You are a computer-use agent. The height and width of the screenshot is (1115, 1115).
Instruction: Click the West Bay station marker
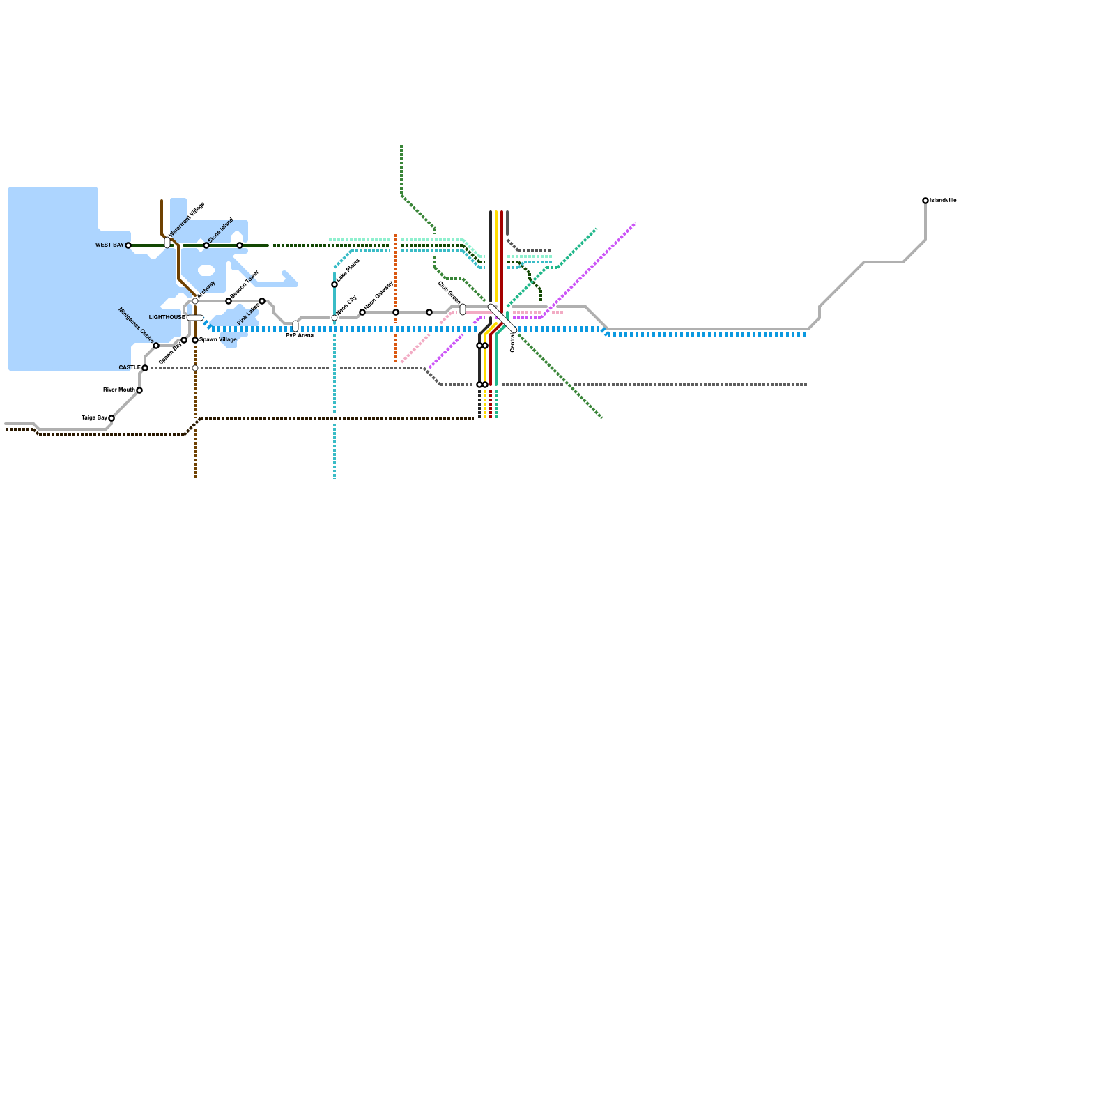click(128, 245)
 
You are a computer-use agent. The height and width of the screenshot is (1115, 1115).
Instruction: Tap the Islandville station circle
click(925, 201)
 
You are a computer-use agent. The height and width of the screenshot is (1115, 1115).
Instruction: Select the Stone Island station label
click(220, 230)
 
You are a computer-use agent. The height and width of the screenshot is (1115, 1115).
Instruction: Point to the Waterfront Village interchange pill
click(167, 243)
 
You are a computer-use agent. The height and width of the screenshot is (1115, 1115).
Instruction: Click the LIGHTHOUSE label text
click(167, 318)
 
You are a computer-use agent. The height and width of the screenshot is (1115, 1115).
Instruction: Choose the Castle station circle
click(145, 368)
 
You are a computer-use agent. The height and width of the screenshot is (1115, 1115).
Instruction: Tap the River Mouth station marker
click(139, 390)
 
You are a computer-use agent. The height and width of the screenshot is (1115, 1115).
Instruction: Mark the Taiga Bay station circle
click(111, 418)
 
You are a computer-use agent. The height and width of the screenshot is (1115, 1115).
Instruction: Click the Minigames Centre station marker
click(156, 346)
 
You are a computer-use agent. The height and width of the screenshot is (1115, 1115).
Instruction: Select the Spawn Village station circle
click(195, 340)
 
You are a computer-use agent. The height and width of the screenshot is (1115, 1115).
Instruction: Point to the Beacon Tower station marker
click(229, 301)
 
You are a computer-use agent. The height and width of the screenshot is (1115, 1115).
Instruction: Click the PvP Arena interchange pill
click(295, 326)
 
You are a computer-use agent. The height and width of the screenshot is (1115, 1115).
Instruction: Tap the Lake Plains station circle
click(334, 284)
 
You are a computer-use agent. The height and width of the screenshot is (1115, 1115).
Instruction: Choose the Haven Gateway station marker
click(362, 312)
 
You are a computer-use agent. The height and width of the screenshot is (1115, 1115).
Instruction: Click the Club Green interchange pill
click(463, 309)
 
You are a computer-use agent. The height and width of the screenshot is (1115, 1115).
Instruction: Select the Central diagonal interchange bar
click(502, 318)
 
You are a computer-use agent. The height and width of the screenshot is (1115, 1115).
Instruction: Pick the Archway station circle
click(195, 301)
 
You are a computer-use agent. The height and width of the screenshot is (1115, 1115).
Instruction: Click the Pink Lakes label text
click(248, 314)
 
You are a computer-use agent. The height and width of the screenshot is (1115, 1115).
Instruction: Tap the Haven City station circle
click(334, 318)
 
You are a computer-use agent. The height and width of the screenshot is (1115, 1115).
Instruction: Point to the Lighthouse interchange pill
click(195, 318)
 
